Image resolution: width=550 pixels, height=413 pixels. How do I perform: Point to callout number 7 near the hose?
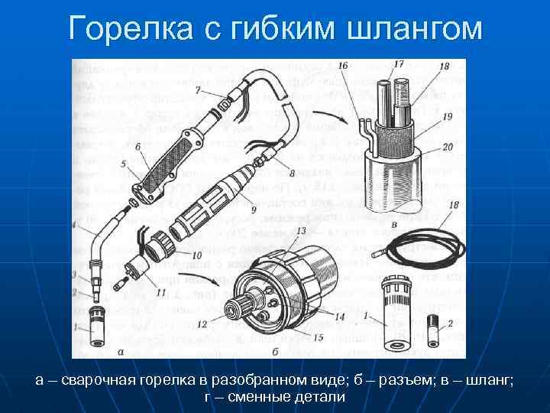coord(198,91)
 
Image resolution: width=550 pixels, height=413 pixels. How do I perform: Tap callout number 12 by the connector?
coord(201,325)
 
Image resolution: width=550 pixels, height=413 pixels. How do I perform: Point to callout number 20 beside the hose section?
coord(447,146)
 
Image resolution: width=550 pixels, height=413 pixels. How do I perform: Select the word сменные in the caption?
coord(254,397)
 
